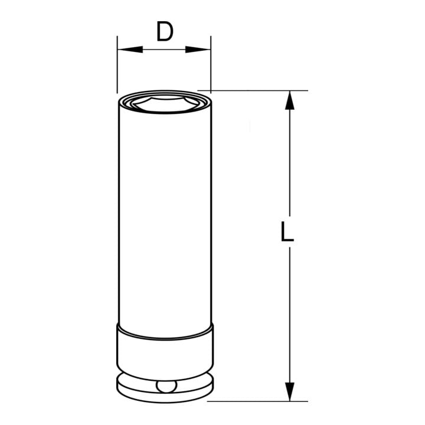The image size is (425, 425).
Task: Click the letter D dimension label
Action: [165, 32]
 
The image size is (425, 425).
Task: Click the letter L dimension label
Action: [287, 231]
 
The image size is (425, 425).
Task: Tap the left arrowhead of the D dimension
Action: [130, 50]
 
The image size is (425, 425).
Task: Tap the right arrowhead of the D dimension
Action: [198, 50]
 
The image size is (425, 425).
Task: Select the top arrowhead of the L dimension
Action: [290, 100]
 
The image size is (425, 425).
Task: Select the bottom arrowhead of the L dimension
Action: [290, 392]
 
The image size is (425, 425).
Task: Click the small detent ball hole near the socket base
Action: [166, 386]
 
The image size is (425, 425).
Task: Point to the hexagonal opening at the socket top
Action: [165, 103]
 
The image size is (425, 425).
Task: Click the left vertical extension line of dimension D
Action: [117, 64]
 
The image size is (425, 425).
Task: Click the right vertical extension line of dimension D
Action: [211, 64]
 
